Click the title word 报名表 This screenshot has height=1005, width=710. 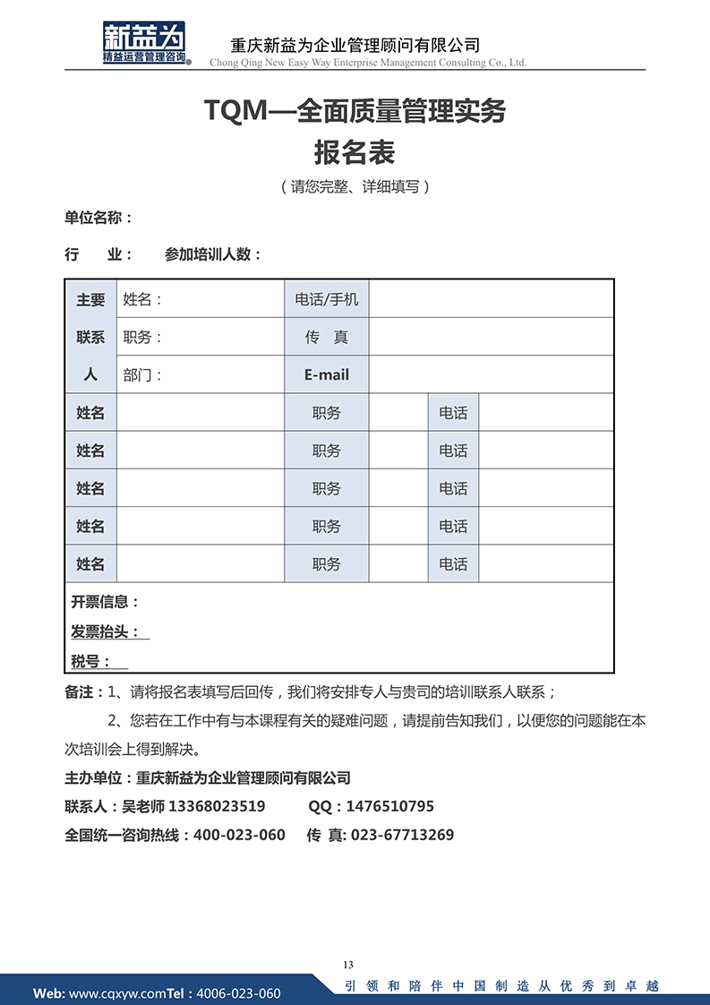[355, 152]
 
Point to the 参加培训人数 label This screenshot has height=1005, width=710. [212, 254]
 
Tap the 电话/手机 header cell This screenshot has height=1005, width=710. [326, 299]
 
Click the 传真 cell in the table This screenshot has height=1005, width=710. [326, 338]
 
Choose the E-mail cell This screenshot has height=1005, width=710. [326, 375]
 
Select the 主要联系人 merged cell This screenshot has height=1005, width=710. [90, 337]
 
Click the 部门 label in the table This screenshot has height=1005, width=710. [142, 375]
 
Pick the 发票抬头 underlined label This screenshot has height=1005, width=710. [106, 632]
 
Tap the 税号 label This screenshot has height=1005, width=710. [91, 662]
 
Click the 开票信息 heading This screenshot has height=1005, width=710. [105, 602]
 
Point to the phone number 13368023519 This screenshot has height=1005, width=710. [217, 806]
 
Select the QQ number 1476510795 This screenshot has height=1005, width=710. [389, 806]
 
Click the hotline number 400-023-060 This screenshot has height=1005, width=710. [239, 835]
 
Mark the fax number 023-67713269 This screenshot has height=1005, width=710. [402, 835]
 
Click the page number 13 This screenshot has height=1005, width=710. [348, 965]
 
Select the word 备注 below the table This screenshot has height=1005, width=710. [78, 692]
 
